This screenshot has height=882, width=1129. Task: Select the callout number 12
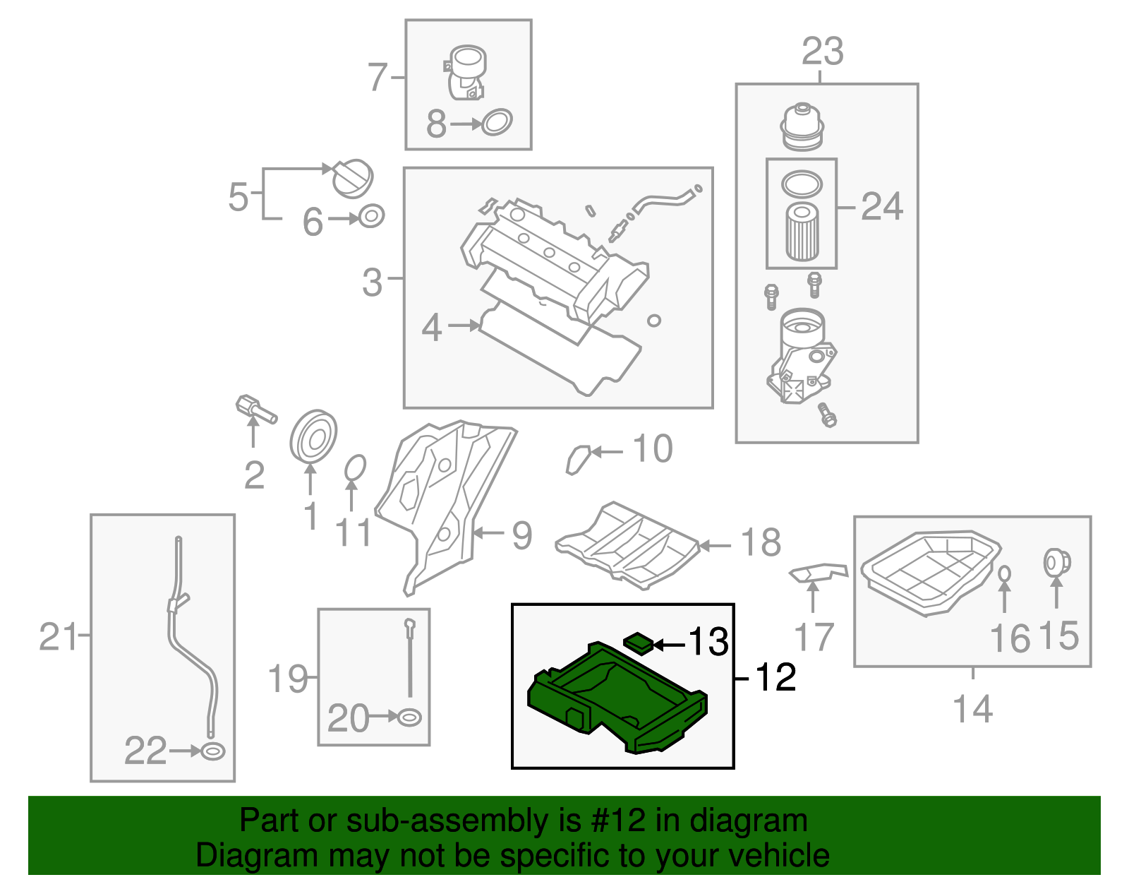coord(775,678)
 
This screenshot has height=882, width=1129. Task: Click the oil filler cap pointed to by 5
coord(353,179)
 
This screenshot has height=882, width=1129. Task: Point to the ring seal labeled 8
coord(497,123)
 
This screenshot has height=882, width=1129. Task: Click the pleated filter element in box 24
coord(802,232)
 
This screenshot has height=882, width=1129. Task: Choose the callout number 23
coord(822,52)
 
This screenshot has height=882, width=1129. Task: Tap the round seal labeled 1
coord(313,435)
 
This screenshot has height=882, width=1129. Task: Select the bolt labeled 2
coord(255,409)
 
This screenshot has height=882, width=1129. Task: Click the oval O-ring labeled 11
coord(355,467)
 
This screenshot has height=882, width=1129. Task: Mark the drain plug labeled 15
coord(1056,563)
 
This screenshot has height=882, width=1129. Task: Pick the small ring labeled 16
coord(1005,573)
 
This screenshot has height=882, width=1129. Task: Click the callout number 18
coord(761,543)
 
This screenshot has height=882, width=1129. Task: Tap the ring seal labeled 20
coord(410,717)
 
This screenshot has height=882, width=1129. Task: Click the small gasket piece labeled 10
coord(578,459)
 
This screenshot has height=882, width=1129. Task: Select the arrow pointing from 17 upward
coord(813,597)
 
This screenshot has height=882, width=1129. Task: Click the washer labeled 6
coord(372,216)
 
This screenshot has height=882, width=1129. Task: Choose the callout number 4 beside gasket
coord(431,328)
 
